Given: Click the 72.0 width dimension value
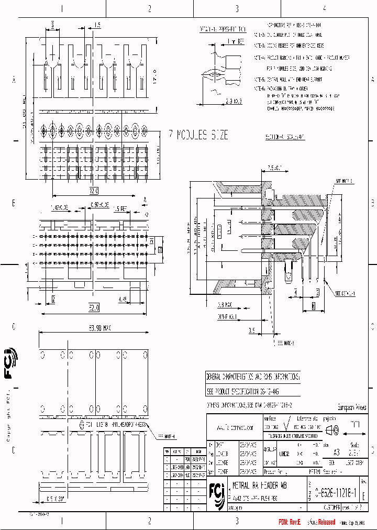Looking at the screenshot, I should [94, 189].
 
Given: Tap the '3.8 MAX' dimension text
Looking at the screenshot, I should [226, 304].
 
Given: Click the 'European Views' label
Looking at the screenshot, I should [351, 407].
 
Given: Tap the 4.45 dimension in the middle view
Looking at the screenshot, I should [123, 300].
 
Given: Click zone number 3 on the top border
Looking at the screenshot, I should [237, 8].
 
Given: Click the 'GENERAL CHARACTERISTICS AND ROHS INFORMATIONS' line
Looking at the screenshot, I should [252, 377].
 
